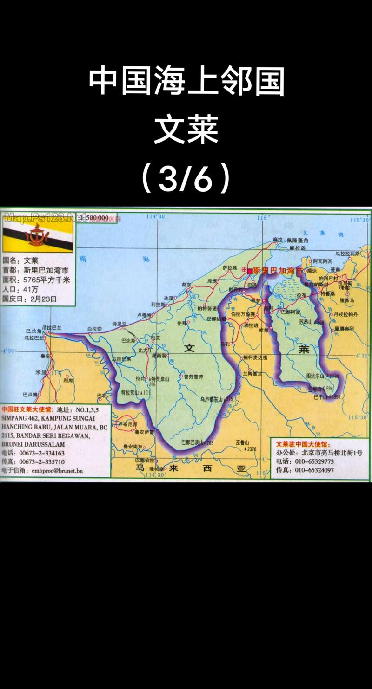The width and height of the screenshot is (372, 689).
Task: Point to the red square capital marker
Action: pyautogui.click(x=250, y=270)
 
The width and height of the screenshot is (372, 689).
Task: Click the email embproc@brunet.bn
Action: pyautogui.click(x=57, y=470)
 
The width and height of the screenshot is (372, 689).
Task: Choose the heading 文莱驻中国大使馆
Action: pyautogui.click(x=303, y=444)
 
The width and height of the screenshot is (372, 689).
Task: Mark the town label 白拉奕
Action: pyautogui.click(x=95, y=328)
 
